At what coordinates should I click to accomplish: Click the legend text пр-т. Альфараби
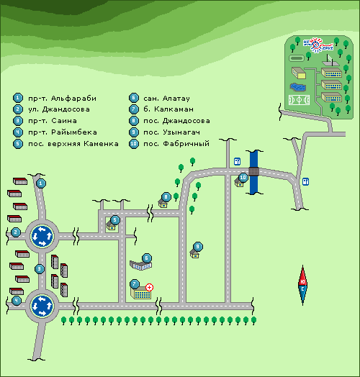point(63,99)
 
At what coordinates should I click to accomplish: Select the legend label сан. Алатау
point(166,99)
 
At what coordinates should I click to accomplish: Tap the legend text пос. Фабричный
point(176,144)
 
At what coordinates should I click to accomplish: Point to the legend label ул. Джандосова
point(59,109)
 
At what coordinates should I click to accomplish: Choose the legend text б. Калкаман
point(168,109)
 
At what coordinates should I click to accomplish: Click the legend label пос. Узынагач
point(172,132)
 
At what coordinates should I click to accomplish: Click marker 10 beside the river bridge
point(243,178)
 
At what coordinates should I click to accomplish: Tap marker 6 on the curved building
point(147,258)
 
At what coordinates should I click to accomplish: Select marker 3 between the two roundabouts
point(40,269)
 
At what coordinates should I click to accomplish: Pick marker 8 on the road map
point(166,197)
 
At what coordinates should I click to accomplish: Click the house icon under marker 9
point(194,254)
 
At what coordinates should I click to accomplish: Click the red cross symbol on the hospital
point(150,287)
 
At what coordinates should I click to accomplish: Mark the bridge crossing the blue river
point(253,172)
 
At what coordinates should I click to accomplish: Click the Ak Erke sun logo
point(318,45)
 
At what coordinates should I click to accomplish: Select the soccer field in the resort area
point(299,100)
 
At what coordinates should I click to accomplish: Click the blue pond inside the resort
point(298,87)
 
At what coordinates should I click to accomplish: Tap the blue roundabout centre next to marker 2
point(42,236)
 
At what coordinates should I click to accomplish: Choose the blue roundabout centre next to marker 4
point(42,306)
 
